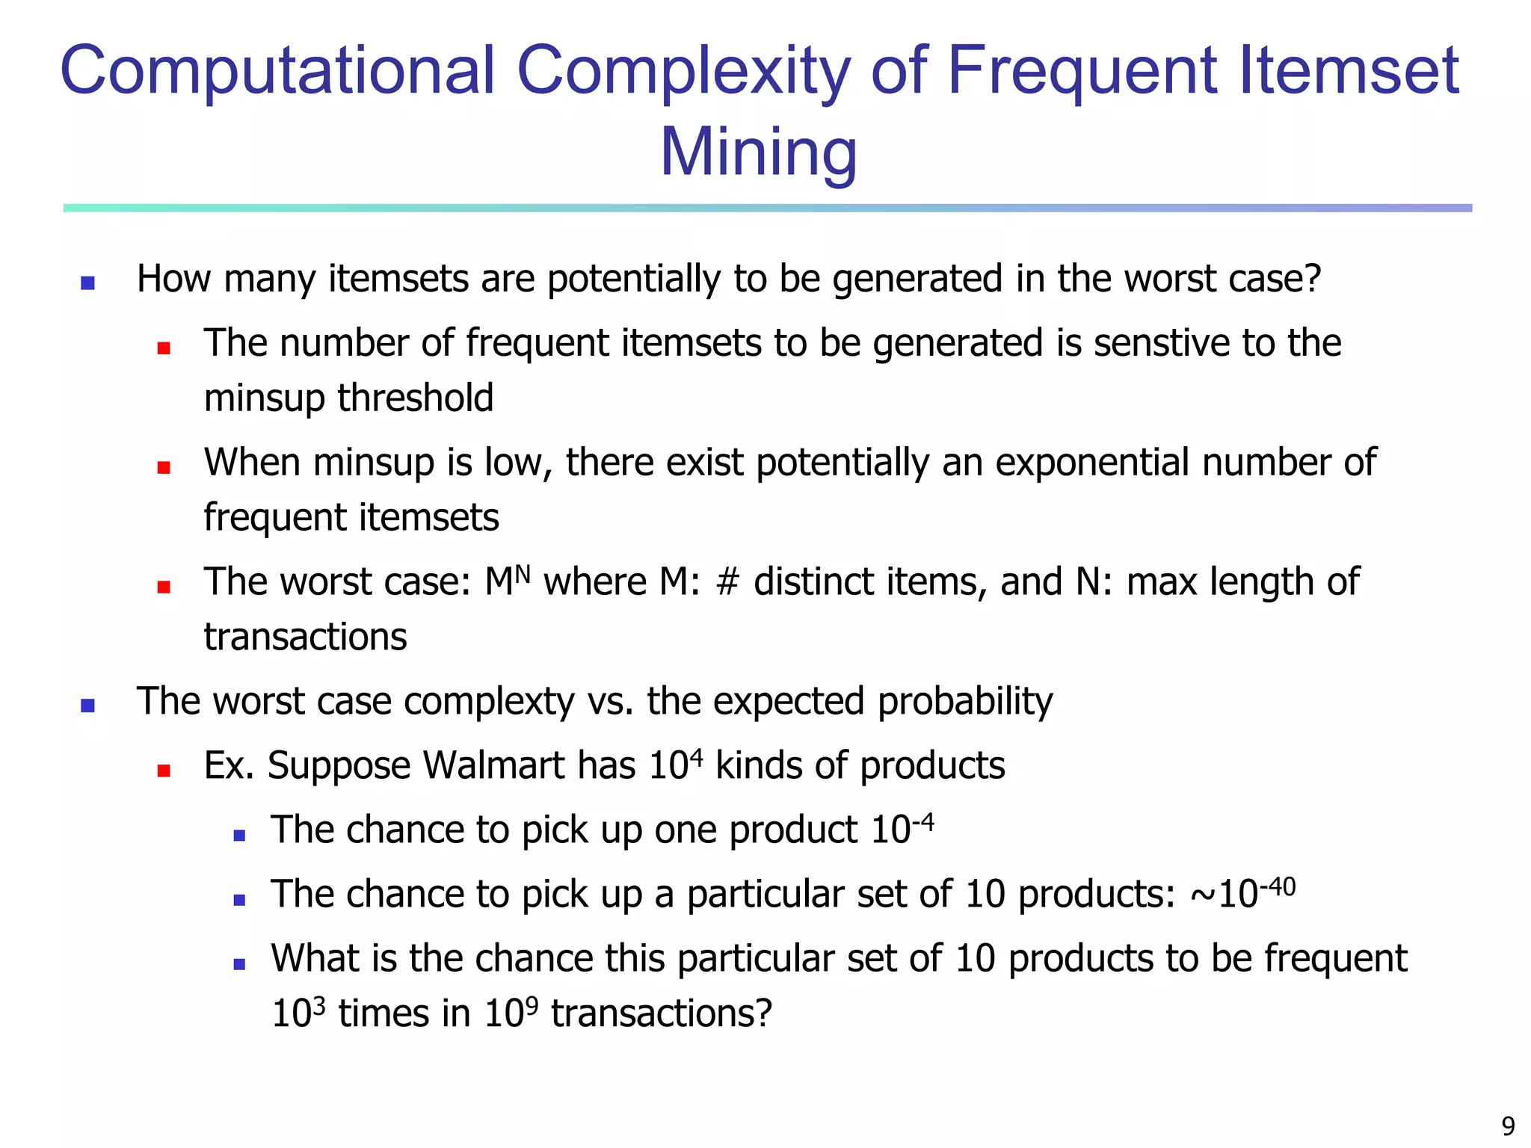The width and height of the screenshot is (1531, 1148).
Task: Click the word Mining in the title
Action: [758, 152]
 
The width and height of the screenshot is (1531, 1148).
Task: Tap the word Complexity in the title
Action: [683, 71]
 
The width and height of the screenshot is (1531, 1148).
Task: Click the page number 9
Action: [1508, 1126]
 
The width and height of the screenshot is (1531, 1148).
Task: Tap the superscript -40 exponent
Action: [1278, 886]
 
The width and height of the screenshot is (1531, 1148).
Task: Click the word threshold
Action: [416, 398]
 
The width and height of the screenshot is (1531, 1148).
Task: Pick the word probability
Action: [965, 702]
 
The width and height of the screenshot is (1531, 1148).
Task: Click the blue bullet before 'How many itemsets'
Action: [87, 283]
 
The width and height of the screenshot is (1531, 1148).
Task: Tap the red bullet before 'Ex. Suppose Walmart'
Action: [164, 771]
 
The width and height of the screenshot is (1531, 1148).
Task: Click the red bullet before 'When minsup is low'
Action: [164, 468]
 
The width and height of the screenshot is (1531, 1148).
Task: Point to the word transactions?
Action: [661, 1014]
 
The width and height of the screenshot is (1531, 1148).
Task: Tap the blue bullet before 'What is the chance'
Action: [239, 964]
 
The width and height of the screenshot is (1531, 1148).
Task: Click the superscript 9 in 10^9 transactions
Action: [532, 1005]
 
